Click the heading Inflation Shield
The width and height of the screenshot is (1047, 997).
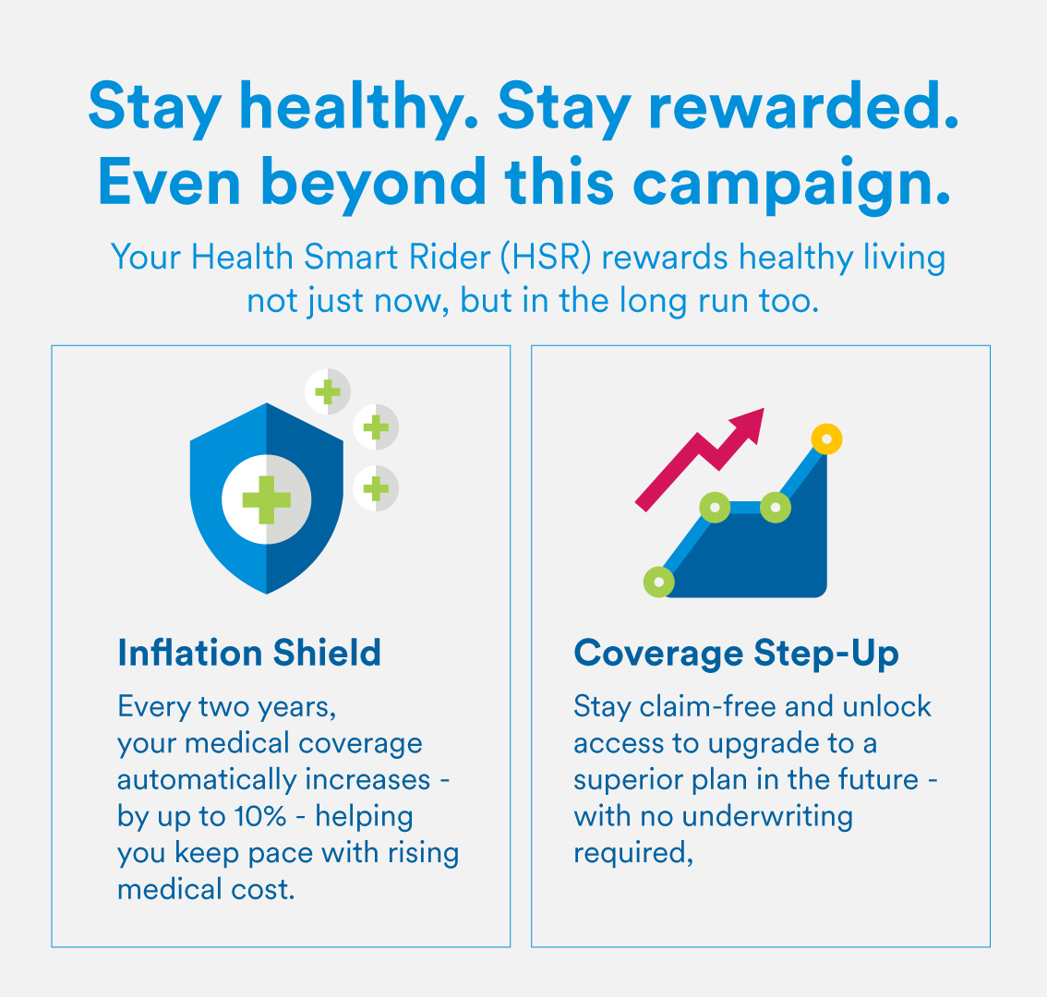249,654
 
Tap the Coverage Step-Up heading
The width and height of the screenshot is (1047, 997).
736,654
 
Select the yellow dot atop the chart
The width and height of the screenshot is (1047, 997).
826,438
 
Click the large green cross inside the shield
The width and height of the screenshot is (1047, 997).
267,499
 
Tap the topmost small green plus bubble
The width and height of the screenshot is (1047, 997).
328,391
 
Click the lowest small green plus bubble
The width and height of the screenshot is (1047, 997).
376,487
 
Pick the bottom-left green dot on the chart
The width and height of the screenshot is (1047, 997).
659,582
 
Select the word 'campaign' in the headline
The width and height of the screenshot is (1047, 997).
788,183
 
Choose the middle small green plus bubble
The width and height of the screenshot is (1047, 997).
376,426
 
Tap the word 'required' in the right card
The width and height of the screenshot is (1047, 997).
632,854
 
